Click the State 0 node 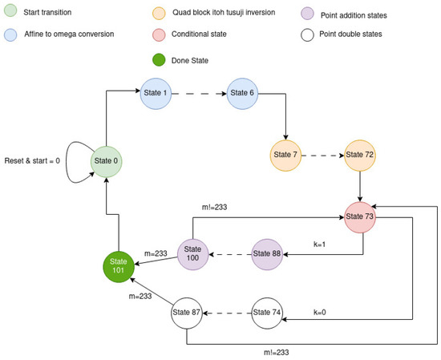click(x=107, y=162)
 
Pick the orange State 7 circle click(x=285, y=155)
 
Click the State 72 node click(x=360, y=155)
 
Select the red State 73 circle click(x=360, y=216)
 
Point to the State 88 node click(x=267, y=254)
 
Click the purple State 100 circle click(x=192, y=254)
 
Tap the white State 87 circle click(x=186, y=313)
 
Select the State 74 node click(x=267, y=313)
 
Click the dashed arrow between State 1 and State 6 click(x=201, y=93)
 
